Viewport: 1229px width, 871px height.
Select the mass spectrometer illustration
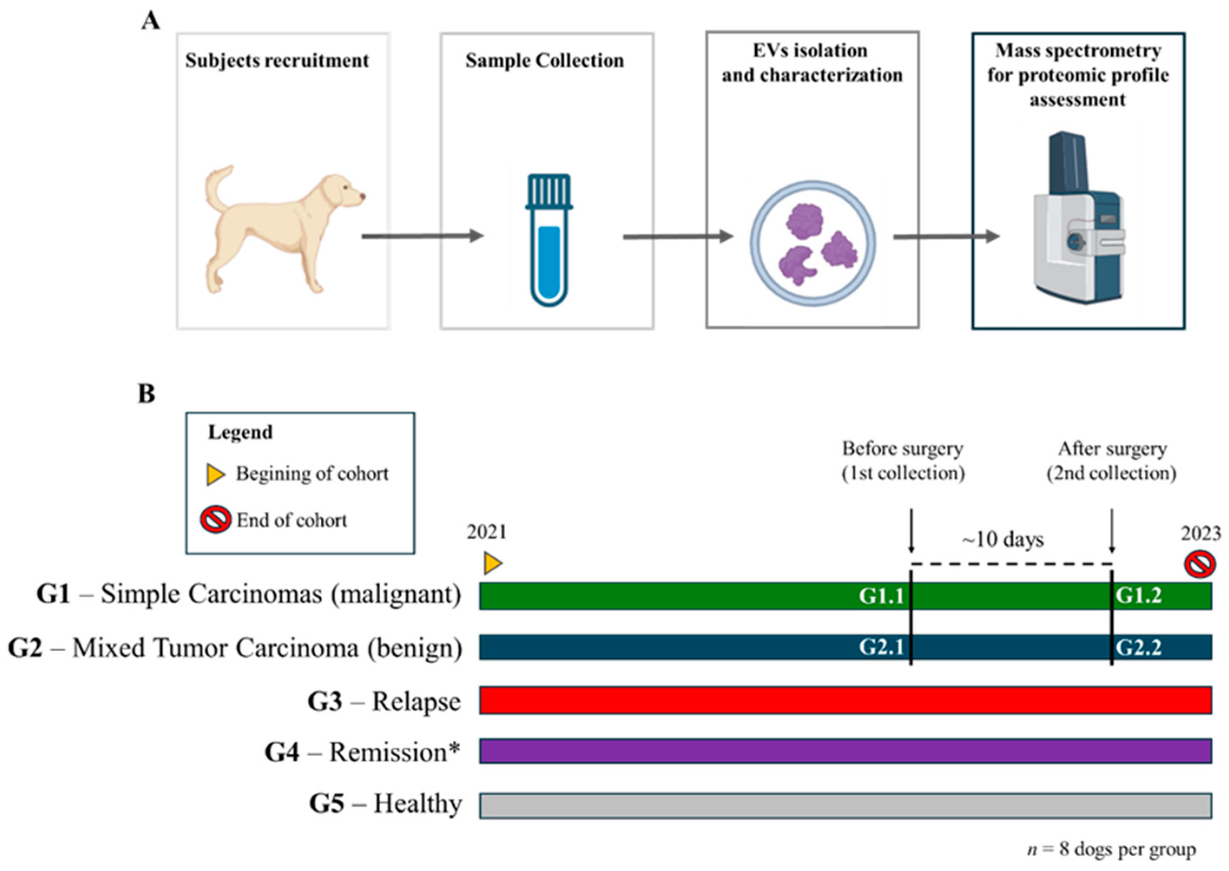[1077, 220]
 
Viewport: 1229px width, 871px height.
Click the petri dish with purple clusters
[813, 243]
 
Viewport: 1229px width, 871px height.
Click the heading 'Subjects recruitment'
[277, 61]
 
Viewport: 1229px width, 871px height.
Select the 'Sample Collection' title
[544, 61]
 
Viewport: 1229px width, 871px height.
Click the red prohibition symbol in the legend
[215, 520]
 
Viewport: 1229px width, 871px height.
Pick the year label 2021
[486, 532]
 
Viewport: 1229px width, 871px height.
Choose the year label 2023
[1201, 533]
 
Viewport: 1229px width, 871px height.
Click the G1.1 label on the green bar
[881, 596]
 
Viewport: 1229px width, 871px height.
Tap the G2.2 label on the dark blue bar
[1138, 647]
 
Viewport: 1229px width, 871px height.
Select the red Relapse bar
[845, 700]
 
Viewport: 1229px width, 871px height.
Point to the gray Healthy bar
[845, 805]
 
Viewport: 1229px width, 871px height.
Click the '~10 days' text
[1003, 539]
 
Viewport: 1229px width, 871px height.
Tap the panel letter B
[146, 394]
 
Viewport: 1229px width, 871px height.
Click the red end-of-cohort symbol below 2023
[1199, 565]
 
